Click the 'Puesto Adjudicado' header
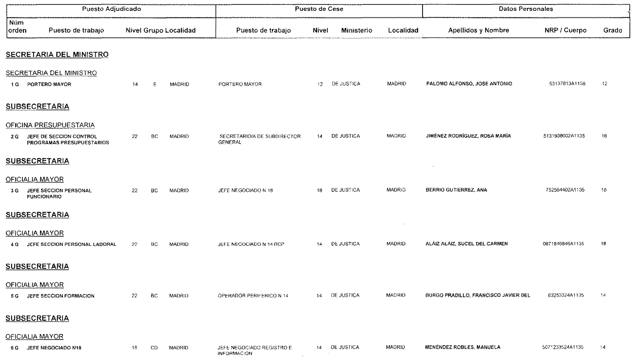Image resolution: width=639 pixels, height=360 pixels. (x=112, y=9)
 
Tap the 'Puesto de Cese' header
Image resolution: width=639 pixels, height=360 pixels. (x=319, y=9)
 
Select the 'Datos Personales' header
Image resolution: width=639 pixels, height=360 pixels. (x=526, y=9)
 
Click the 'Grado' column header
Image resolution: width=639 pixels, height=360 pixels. (x=612, y=30)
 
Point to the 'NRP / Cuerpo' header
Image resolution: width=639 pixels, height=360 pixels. (x=566, y=30)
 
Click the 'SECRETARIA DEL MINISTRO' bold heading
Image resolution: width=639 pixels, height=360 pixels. (x=57, y=55)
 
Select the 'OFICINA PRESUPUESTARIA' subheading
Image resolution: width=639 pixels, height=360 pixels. (x=50, y=125)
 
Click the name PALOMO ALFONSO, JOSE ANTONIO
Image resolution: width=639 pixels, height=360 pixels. (x=469, y=84)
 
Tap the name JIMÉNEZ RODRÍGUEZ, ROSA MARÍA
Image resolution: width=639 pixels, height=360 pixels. (x=468, y=136)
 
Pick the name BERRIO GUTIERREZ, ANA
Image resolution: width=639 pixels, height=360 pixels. (x=456, y=190)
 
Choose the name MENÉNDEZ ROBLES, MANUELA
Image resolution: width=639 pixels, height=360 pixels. (x=462, y=347)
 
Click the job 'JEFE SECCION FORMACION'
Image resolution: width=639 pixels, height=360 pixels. (x=61, y=296)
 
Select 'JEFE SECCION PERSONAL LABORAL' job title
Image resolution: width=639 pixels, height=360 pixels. (x=72, y=244)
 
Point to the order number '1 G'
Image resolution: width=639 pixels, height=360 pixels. (x=15, y=84)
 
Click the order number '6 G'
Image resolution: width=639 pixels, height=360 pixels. (x=14, y=348)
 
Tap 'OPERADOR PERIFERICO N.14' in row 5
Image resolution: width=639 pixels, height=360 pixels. (x=253, y=296)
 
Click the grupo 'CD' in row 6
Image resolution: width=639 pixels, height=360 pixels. (x=154, y=348)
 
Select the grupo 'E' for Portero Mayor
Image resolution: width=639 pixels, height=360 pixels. (x=155, y=84)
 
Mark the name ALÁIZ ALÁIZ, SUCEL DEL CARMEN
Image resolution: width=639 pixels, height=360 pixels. (x=466, y=244)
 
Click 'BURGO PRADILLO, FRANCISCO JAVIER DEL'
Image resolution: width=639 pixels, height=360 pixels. (x=478, y=295)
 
